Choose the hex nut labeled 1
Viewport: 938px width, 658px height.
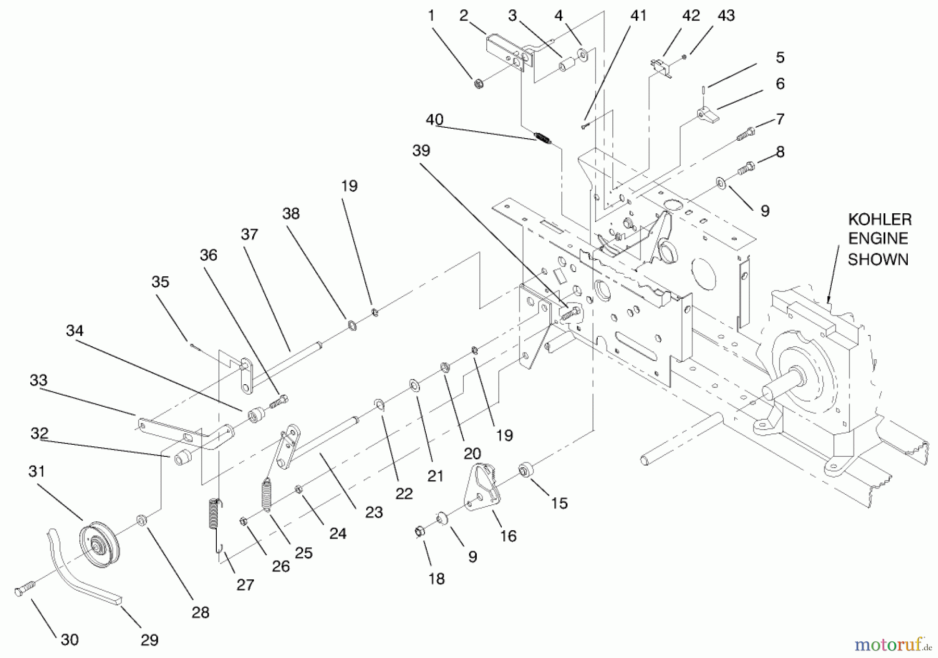coord(478,83)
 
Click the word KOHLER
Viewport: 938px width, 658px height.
coord(880,219)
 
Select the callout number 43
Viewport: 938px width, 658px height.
coord(726,16)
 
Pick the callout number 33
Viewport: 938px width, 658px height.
coord(39,380)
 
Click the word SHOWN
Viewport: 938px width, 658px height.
coord(878,259)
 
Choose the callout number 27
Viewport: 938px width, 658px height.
coord(245,584)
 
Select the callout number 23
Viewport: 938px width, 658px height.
coord(374,512)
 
